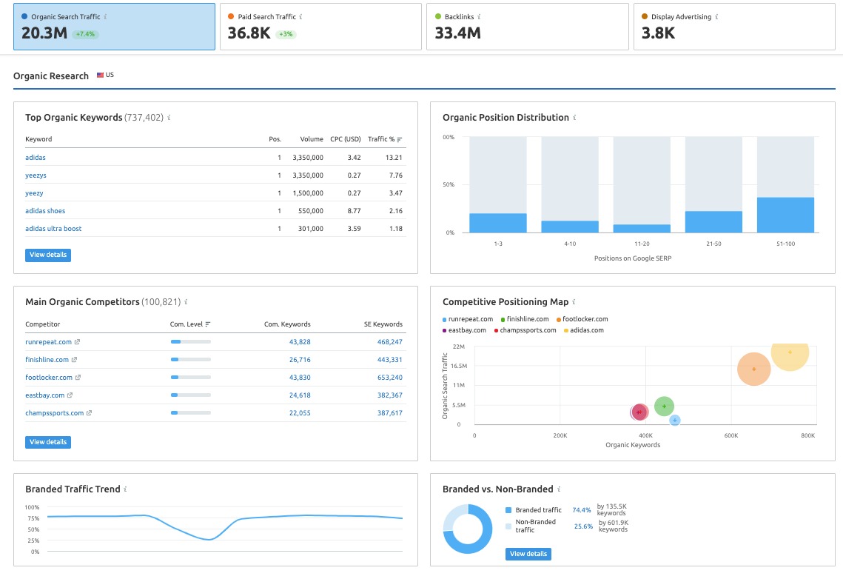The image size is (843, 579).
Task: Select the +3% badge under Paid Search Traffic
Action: click(286, 34)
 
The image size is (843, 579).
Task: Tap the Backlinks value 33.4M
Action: click(457, 33)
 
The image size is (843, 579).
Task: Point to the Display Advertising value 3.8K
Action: click(658, 33)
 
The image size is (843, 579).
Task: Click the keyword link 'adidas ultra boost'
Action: click(53, 229)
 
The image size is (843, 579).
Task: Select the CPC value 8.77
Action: click(354, 211)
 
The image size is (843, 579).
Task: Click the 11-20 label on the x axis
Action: click(642, 244)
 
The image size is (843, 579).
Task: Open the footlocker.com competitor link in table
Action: click(49, 378)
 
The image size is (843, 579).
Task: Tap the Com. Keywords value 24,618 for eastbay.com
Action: click(299, 395)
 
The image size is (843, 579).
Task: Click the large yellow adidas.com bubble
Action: click(790, 353)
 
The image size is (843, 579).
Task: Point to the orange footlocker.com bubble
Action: click(753, 369)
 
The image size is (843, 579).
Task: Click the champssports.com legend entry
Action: click(528, 330)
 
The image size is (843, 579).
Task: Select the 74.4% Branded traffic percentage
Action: click(581, 510)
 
